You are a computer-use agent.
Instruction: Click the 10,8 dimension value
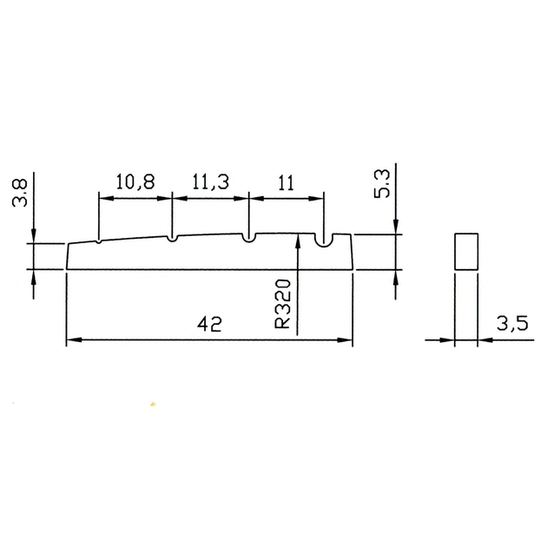(135, 181)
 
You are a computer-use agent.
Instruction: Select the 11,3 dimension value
(210, 181)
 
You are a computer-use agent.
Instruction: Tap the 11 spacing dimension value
(286, 182)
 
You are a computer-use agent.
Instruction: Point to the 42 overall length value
(209, 325)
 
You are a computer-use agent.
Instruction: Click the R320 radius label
(282, 304)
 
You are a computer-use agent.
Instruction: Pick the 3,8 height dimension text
(20, 193)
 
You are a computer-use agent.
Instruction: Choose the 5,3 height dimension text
(382, 184)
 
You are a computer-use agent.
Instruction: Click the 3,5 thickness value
(512, 323)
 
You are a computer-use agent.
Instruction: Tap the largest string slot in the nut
(325, 241)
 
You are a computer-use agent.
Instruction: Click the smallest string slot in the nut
(99, 241)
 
